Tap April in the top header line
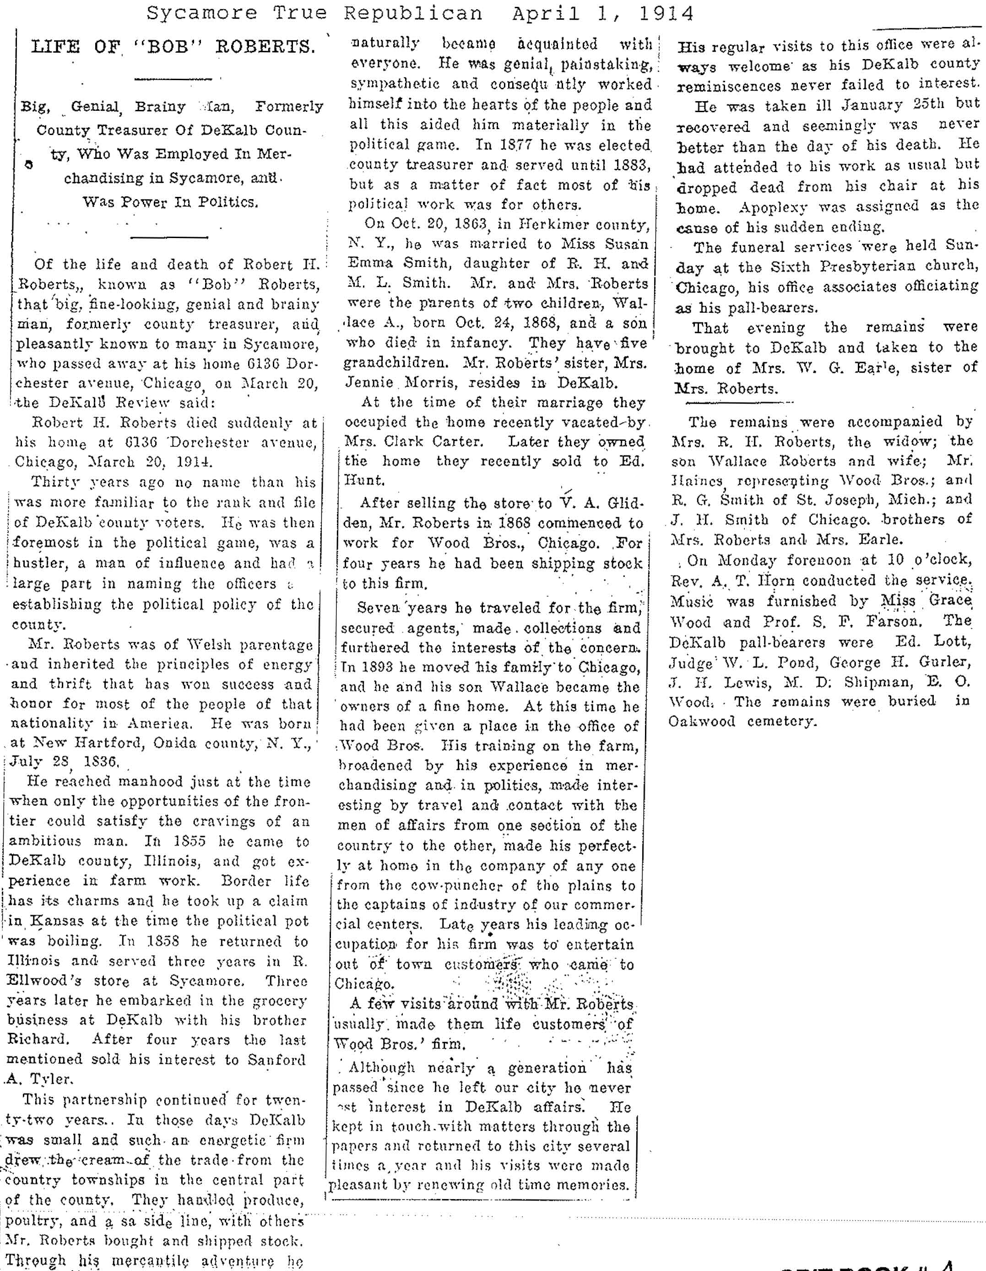click(x=546, y=13)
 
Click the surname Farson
click(x=893, y=621)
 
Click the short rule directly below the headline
click(x=173, y=79)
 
